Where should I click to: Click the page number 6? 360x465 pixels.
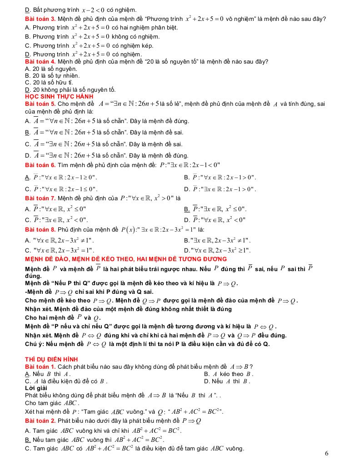[x=327, y=453]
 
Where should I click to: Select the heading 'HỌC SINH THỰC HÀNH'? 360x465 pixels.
[x=59, y=97]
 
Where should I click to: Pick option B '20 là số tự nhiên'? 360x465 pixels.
[x=52, y=75]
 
